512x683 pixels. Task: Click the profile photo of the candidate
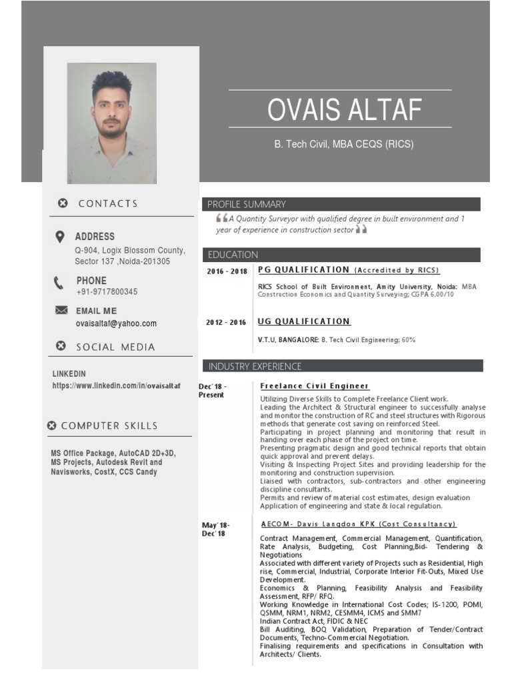point(112,123)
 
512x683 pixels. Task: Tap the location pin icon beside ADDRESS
point(60,237)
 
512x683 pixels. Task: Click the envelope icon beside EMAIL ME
point(61,310)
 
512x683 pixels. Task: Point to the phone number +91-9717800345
point(107,292)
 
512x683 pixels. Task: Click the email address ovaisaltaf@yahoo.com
point(116,323)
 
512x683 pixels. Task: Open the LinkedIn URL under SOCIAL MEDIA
point(117,386)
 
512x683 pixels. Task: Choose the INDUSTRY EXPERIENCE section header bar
point(342,366)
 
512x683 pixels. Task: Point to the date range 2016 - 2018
point(227,271)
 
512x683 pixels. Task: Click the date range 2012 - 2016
point(226,323)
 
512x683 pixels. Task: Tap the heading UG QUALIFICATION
point(304,321)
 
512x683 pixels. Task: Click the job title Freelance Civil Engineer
point(315,386)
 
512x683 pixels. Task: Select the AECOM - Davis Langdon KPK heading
point(359,524)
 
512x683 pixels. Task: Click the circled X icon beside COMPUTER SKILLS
point(51,426)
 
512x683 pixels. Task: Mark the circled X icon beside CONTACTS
point(63,203)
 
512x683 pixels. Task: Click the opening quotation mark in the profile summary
point(221,218)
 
